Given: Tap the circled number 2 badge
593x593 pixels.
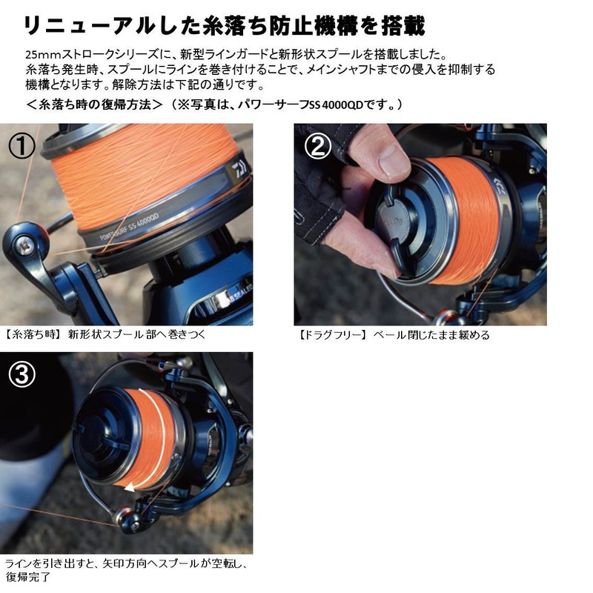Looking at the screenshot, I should point(317,147).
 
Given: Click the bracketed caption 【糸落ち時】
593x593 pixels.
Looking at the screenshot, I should point(34,334).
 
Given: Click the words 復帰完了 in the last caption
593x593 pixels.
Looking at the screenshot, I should point(29,576).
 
